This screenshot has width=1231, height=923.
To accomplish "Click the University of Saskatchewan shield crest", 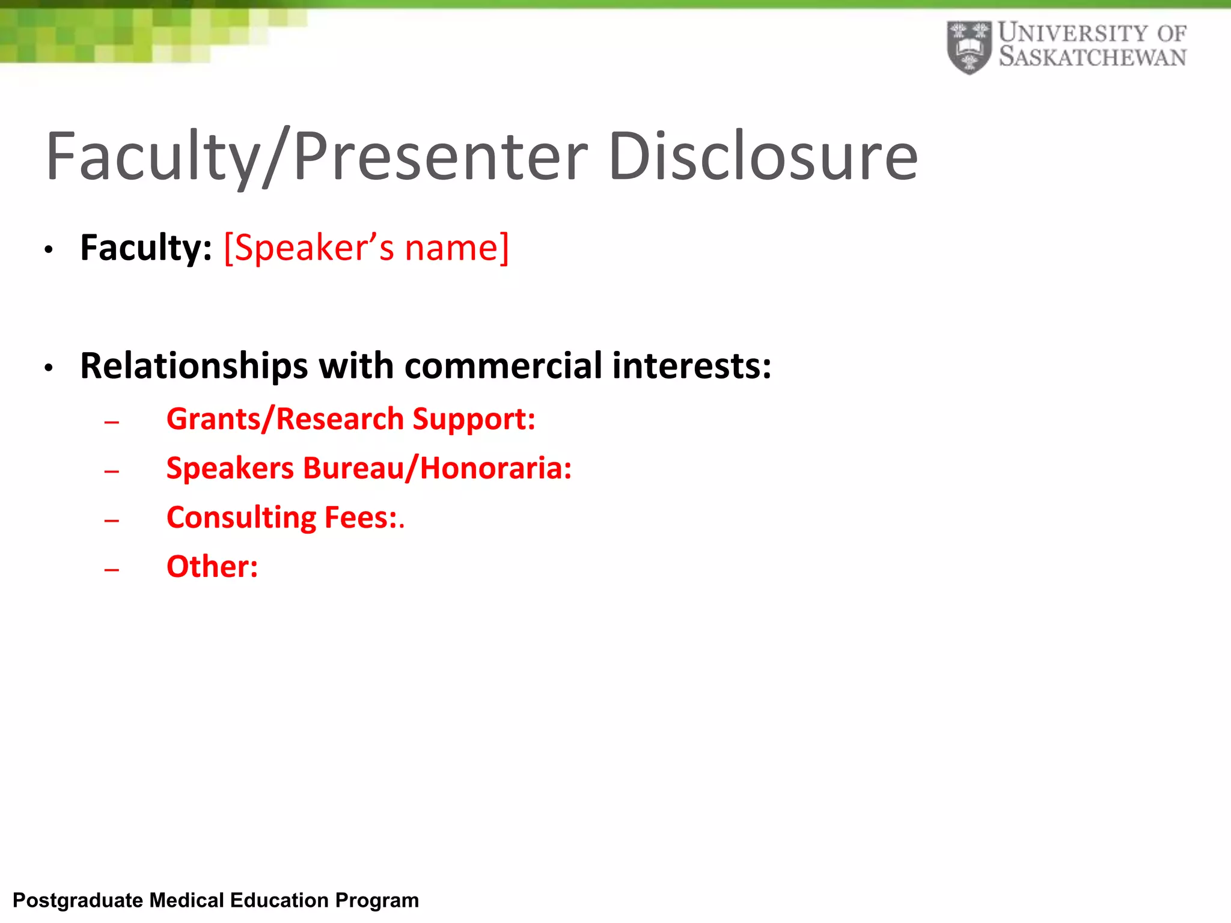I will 969,47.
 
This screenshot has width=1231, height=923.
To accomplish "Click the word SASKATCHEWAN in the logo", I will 1092,58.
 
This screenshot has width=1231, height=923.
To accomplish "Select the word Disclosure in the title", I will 763,157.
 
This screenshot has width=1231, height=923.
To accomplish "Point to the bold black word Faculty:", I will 146,248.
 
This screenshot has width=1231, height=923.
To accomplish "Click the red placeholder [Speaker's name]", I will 366,248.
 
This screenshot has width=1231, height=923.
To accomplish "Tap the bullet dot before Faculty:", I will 49,249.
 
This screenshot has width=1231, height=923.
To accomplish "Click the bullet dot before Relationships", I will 49,368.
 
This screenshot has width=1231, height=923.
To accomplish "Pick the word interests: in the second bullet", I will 692,366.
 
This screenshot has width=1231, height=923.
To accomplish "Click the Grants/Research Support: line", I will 350,419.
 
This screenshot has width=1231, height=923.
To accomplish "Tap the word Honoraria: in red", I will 496,468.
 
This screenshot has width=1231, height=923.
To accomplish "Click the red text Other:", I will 212,567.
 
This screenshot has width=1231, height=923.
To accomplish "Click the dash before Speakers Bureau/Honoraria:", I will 112,472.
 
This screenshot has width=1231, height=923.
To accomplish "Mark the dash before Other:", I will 112,570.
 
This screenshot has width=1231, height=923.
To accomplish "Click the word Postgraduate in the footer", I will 78,901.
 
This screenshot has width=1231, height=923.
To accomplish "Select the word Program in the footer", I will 377,901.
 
